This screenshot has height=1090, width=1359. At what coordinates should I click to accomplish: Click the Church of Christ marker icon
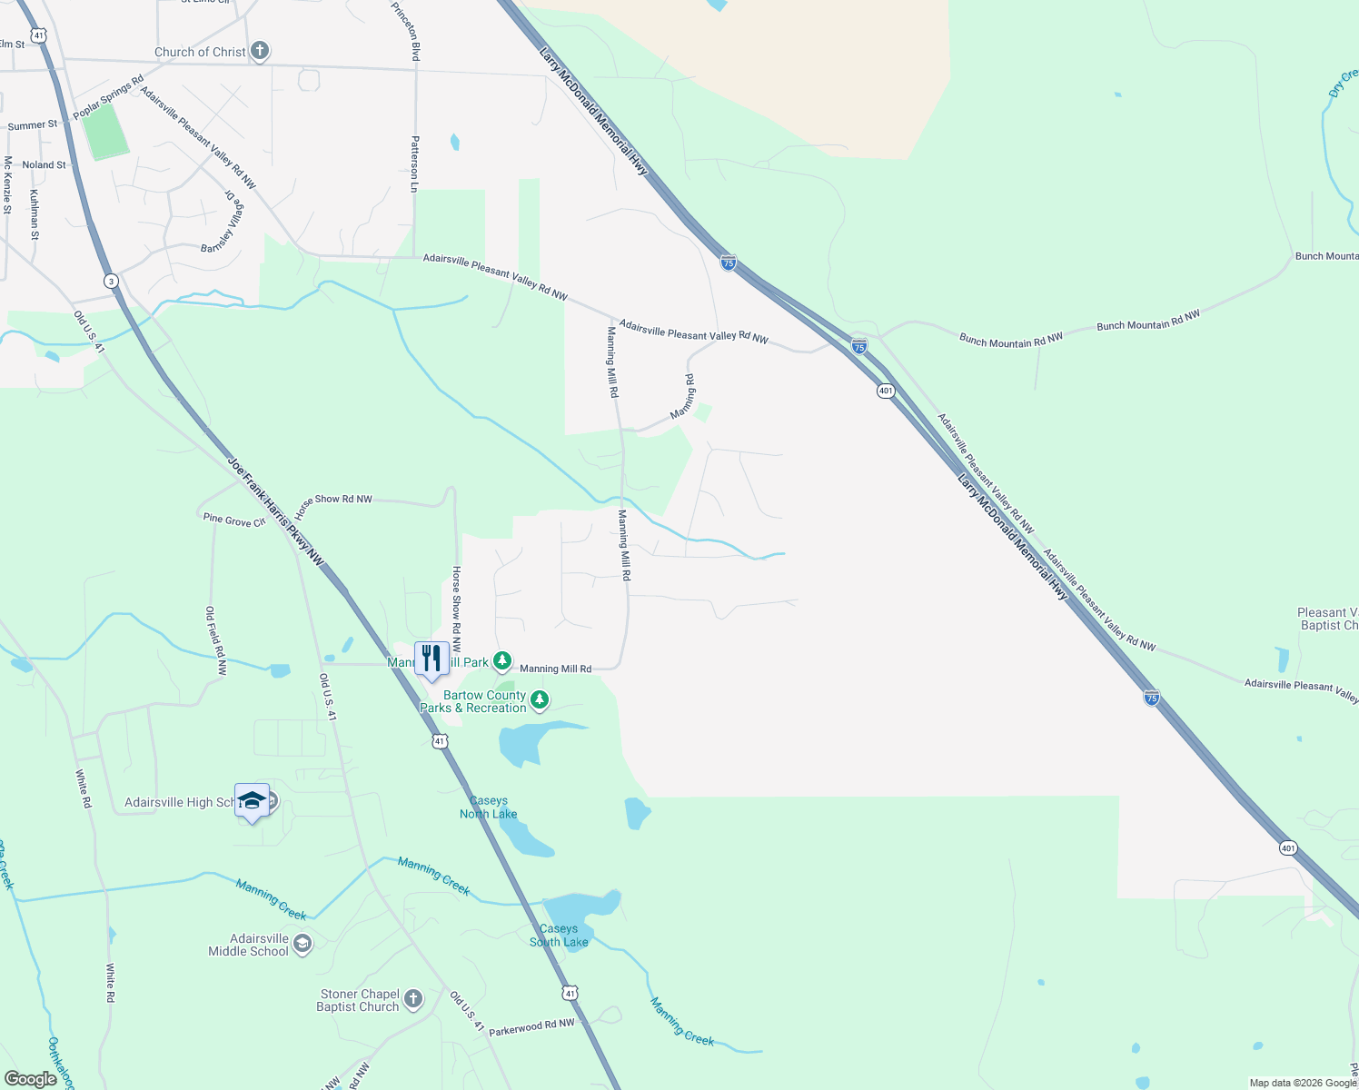pos(260,51)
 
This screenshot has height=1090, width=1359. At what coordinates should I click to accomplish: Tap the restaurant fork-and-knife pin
pos(432,658)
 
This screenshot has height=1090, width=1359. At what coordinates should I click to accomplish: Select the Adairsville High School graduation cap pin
pos(252,799)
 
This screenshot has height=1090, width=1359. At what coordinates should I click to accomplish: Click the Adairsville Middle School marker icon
pos(303,945)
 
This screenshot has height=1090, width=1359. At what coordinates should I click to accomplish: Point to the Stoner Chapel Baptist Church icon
pos(412,1000)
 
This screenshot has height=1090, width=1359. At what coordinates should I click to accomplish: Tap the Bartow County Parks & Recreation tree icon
pos(540,699)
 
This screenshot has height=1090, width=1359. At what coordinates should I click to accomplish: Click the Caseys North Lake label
pos(489,808)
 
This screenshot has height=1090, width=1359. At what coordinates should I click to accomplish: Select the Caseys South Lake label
pos(559,936)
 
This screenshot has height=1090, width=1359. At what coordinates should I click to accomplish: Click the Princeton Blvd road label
pos(406,31)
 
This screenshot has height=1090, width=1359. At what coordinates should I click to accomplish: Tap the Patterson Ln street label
pos(415,163)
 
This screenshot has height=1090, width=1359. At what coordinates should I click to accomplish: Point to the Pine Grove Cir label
pos(234,520)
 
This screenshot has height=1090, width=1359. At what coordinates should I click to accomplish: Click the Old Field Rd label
pos(215,641)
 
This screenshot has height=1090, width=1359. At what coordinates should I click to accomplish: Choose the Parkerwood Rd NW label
pos(531,1027)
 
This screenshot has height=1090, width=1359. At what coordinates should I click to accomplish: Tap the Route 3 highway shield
pos(110,281)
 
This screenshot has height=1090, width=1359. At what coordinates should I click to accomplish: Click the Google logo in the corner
pos(30,1079)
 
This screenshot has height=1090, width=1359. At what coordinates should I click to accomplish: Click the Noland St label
pos(44,165)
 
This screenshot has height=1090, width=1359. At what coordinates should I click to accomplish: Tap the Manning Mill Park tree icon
pos(501,660)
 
